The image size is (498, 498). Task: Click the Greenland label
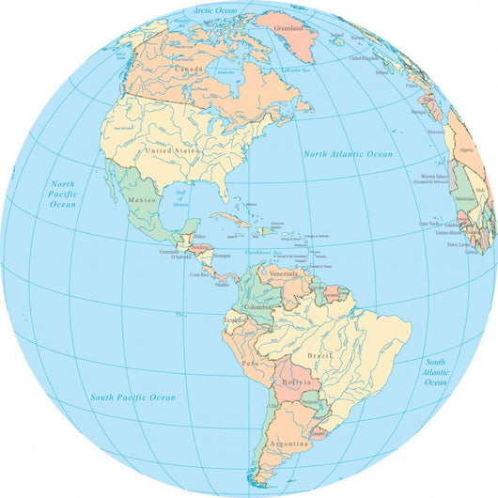point(293,29)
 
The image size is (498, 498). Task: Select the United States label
point(168,149)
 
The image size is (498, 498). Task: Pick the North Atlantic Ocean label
point(348,153)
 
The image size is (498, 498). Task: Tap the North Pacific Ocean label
point(63,194)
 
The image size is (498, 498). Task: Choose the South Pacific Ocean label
point(132,397)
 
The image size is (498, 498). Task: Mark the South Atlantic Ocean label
point(435,372)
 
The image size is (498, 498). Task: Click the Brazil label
point(320,358)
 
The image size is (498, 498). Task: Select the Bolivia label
point(294,384)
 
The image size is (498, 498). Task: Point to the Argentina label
point(288,443)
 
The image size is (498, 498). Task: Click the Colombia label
point(259,307)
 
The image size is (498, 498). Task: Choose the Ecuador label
point(236,319)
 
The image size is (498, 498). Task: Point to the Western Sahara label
point(434,178)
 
